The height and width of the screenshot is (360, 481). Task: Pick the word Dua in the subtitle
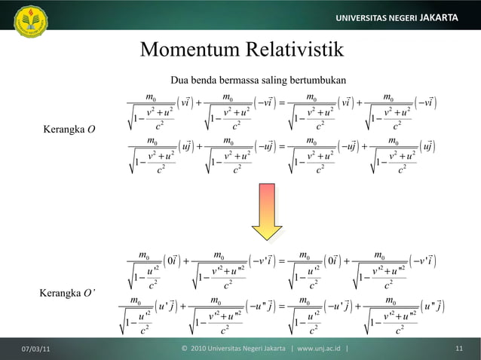181,79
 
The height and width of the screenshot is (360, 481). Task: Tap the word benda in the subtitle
207,79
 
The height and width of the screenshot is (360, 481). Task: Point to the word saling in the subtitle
269,79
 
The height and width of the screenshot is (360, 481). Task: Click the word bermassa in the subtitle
239,79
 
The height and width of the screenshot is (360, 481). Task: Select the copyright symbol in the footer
185,349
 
